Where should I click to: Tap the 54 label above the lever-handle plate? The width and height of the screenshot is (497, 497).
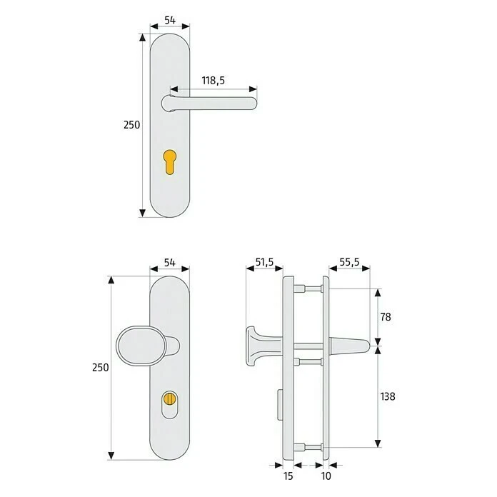click(x=170, y=20)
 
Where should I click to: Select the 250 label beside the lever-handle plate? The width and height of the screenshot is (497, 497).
click(x=131, y=124)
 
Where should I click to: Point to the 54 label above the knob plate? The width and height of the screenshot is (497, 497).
click(x=170, y=262)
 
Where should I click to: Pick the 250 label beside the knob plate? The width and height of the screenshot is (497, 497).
click(x=101, y=367)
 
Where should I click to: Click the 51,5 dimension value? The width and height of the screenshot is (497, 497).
click(x=264, y=262)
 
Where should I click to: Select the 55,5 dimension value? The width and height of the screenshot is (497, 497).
click(x=350, y=262)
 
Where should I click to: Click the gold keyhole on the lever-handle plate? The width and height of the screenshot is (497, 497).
click(x=170, y=161)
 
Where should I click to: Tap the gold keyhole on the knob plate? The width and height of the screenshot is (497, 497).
click(x=170, y=397)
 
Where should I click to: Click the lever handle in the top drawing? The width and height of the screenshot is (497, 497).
click(x=214, y=103)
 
